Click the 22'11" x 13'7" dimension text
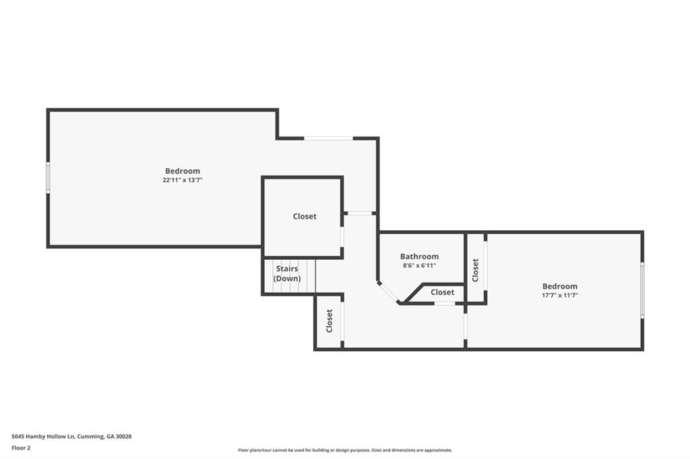pos(183,180)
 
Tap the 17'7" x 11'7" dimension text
pos(560,295)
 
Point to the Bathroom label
pos(419,256)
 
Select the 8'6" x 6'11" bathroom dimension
pos(419,266)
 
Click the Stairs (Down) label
pos(287,273)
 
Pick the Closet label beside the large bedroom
pos(305,216)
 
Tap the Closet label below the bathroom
pos(442,292)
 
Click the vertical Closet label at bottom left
pos(329,321)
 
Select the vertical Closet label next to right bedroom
pos(475,270)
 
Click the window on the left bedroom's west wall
pos(48,177)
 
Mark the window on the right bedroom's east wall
pos(642,290)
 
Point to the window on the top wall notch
pos(329,139)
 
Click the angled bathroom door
pos(389,293)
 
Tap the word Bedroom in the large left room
pos(183,171)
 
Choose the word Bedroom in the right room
pos(560,286)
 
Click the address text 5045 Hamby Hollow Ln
pos(44,437)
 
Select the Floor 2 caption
pos(21,448)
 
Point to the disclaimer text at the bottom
pos(345,450)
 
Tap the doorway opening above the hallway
pos(360,213)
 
